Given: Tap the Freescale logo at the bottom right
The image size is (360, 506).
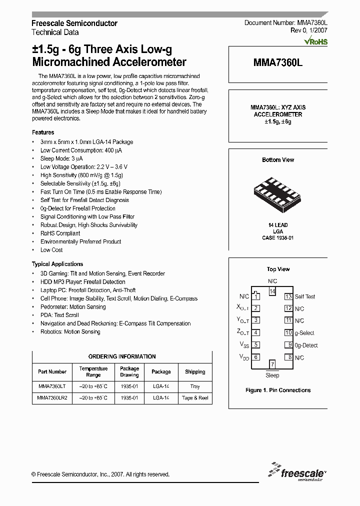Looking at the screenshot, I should pos(297,472).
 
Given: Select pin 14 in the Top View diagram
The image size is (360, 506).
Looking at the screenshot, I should pos(272,291).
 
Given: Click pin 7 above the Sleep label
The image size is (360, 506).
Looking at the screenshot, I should pos(272,364).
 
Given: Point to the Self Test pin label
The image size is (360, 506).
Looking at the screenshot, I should pos(305,296).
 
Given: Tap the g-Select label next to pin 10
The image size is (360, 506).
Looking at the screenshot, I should pos(304,333).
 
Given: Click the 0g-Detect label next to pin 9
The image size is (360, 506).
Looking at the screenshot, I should pos(306,345).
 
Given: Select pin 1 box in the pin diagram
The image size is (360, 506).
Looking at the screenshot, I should pos(255,296).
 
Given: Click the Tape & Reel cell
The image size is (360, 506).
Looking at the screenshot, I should pos(195,398).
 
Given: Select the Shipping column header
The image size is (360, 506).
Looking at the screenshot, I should pos(195,372).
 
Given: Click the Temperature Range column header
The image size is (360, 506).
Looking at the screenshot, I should pos(93,371).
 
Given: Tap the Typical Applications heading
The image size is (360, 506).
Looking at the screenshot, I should pos(57,264).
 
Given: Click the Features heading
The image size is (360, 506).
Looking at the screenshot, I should pos(43,132).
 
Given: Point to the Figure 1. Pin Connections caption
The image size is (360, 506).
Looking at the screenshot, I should pos(278,390).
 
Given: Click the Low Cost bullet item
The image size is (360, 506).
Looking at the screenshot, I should pos(51,250).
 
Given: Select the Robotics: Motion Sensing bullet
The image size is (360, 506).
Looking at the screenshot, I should pos(70,331).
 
